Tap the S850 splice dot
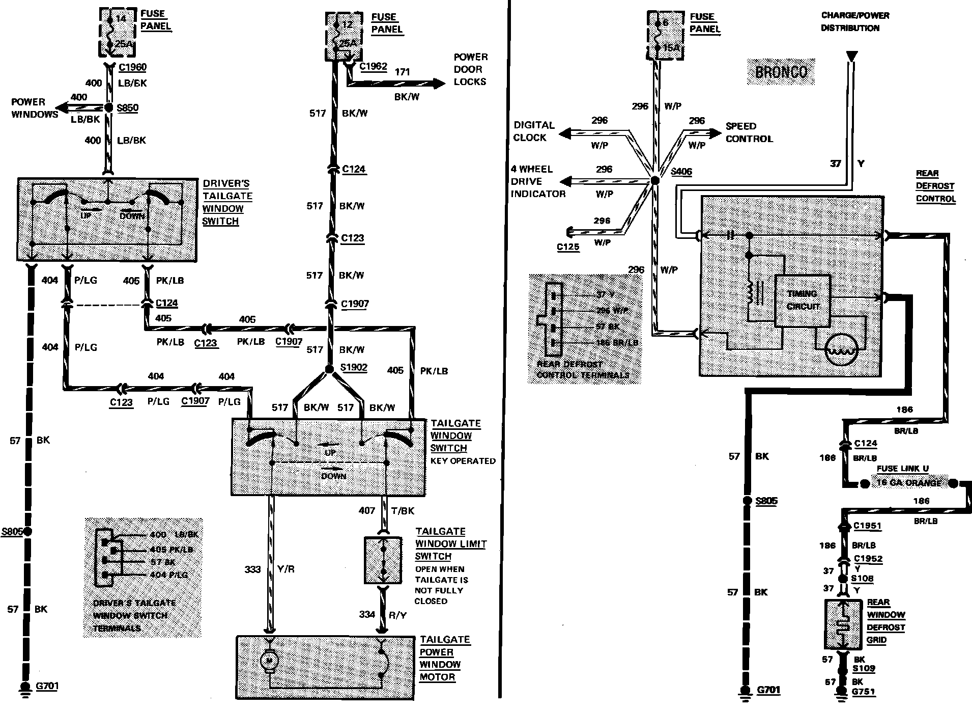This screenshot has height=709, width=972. click(108, 108)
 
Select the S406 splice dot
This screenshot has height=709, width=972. click(655, 180)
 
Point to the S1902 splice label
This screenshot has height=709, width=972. click(354, 368)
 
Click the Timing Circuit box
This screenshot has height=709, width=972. click(803, 301)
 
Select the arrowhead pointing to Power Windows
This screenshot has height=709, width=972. click(62, 107)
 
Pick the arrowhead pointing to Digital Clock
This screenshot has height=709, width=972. click(564, 133)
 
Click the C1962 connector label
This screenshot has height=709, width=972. click(373, 67)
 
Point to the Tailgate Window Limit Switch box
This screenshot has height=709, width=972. click(383, 560)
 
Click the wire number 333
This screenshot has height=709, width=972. click(252, 569)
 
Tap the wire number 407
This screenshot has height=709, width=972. click(366, 510)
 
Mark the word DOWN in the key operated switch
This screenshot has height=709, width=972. click(333, 476)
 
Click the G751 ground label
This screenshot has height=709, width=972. click(863, 692)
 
